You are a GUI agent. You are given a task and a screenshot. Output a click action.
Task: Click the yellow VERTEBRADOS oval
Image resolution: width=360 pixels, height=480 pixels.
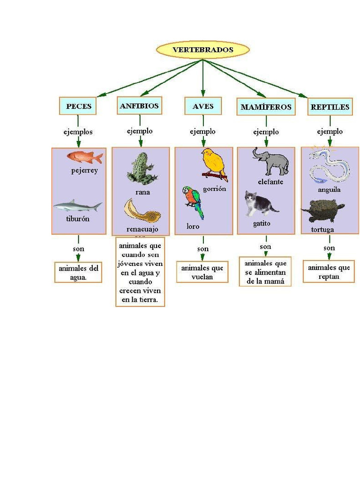point(202,50)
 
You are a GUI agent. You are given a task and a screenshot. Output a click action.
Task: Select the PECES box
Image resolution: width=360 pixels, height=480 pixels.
point(78,106)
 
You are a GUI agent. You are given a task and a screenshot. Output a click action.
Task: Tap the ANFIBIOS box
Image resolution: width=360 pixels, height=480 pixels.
point(139,105)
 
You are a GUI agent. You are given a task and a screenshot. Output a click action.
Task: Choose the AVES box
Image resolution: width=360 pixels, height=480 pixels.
point(202,106)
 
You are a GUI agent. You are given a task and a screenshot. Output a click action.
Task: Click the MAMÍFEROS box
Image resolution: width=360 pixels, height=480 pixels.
point(266,107)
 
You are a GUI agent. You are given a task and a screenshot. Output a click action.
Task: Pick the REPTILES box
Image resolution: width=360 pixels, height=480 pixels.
point(330,107)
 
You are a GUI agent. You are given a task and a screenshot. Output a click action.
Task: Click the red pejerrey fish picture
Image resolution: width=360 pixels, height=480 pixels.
point(85,157)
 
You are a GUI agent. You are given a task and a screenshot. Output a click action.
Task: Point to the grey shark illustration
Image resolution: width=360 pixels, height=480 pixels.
point(77,206)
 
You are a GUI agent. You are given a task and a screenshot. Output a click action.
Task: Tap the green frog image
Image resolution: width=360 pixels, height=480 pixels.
point(140,169)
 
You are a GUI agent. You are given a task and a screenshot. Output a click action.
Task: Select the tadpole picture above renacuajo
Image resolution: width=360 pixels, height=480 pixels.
point(142,211)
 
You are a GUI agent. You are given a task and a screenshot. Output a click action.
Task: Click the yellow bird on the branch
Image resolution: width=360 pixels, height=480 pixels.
point(214,164)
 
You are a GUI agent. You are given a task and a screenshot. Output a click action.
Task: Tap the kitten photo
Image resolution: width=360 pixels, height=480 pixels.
point(259,204)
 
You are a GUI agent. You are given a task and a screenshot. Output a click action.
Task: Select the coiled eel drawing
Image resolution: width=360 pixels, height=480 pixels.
point(330,166)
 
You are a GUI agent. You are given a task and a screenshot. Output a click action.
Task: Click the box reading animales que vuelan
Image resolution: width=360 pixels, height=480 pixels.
point(202,272)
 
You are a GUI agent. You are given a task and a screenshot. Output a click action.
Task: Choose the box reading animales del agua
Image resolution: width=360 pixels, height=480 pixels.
point(78,272)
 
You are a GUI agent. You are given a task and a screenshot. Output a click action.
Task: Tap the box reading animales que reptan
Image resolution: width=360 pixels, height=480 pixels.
point(329,272)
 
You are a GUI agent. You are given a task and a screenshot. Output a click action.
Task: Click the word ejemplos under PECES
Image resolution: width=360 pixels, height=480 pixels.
point(78,132)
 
